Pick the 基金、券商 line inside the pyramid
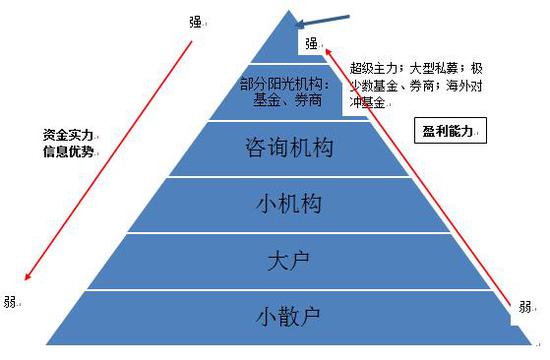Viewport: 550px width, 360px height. pyautogui.click(x=279, y=102)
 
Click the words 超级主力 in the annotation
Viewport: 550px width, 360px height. pyautogui.click(x=374, y=69)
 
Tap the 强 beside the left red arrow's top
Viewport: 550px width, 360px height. pyautogui.click(x=195, y=21)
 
